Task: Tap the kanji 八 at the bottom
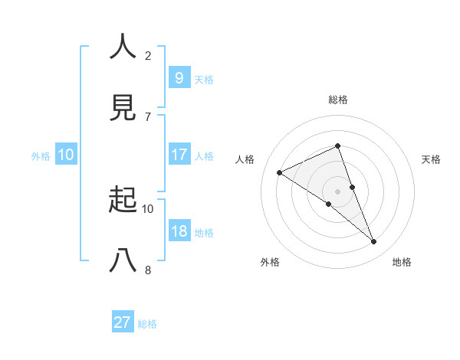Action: tap(123, 261)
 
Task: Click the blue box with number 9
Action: tap(179, 77)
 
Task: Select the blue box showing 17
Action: tap(179, 154)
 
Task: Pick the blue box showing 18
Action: tap(179, 231)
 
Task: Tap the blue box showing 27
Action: tap(123, 322)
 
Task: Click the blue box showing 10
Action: tap(66, 155)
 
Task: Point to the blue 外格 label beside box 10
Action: tap(41, 156)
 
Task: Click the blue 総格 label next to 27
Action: tap(147, 324)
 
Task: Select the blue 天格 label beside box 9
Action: tap(204, 79)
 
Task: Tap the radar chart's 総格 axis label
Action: tap(338, 100)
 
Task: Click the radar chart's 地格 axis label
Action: tap(402, 262)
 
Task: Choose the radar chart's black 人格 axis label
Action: tap(245, 159)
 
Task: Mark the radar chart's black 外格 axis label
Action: tap(270, 262)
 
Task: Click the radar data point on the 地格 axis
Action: tap(374, 242)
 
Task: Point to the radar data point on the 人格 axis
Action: tap(280, 173)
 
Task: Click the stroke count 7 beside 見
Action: tap(147, 116)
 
